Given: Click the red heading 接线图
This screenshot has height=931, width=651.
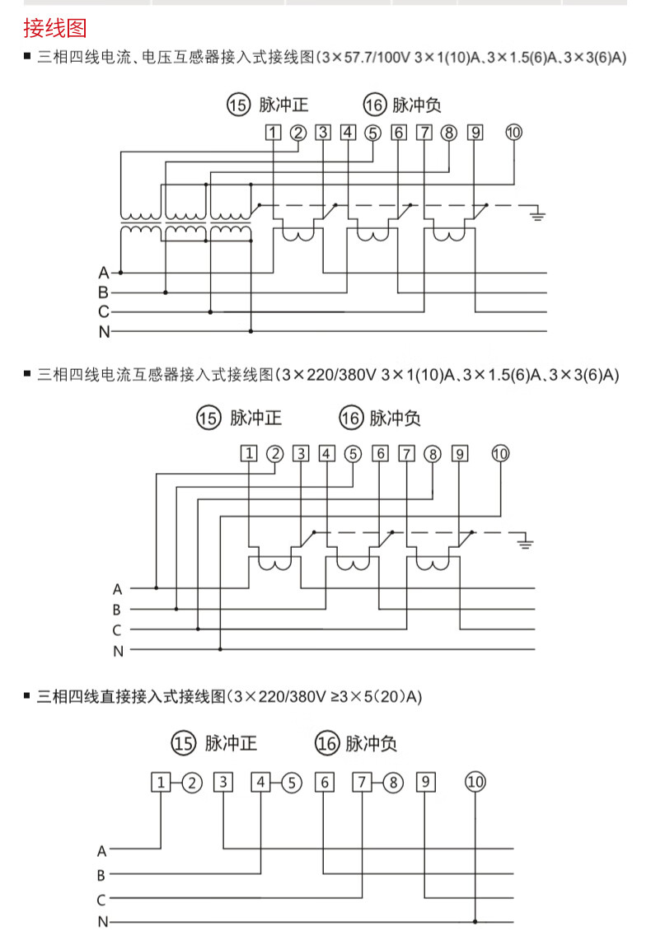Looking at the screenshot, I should pos(54,30).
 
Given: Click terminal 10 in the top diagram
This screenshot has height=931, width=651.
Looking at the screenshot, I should pos(513,133).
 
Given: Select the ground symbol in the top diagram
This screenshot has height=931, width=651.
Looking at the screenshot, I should pos(538,216).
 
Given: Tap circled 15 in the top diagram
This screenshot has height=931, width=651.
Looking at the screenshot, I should pos(237,105).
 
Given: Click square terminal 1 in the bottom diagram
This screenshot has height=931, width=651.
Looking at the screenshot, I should pos(162,782).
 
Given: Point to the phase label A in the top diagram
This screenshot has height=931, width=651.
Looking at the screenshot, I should pos(103,272).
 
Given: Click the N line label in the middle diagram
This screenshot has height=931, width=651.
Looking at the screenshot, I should pos(118,651).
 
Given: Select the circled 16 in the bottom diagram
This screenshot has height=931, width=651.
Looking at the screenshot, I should pos(327,744).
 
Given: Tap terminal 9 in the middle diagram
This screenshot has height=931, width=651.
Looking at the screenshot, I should pos(460,453).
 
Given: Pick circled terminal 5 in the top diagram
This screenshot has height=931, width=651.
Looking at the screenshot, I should pos(372,133).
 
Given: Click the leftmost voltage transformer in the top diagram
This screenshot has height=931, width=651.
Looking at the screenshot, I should pos(142,221).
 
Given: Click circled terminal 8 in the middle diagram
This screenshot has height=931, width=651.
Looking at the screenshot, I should pos(433,453).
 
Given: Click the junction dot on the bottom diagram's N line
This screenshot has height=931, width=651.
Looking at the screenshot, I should pos(475,921).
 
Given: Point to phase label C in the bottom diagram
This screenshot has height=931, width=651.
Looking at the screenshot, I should pos(101,900).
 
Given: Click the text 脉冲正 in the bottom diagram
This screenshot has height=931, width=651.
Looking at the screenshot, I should pos(232,744).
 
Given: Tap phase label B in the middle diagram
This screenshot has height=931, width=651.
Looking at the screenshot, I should pos(117,610).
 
